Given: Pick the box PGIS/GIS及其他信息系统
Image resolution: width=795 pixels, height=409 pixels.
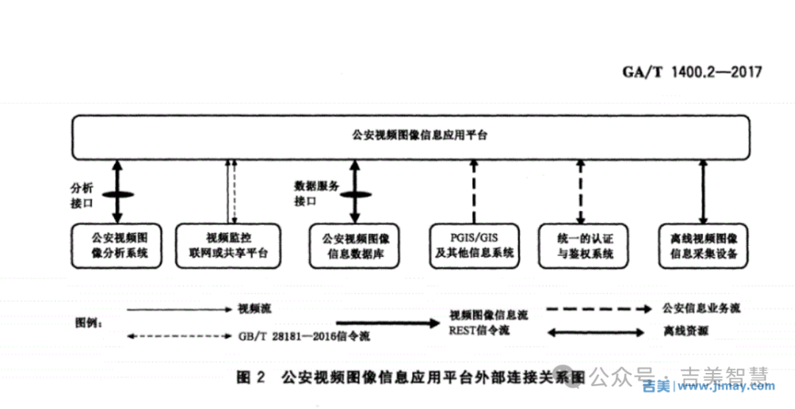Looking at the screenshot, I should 473,246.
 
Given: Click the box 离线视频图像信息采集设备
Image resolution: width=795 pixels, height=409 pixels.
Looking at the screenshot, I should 703,246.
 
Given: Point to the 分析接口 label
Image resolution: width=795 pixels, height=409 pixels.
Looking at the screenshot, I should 81,196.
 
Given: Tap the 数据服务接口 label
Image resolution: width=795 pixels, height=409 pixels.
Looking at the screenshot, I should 316,194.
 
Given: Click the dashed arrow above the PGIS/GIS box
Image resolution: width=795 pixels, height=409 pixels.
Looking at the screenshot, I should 472,191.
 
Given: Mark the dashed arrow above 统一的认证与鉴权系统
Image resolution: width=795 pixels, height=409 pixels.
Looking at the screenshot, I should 581,191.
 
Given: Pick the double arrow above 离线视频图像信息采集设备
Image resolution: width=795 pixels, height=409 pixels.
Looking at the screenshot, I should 704,191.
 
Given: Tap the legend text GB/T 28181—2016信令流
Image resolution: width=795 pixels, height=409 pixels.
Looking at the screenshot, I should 303,336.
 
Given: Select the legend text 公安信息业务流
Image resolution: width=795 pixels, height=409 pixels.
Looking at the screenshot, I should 701,308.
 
